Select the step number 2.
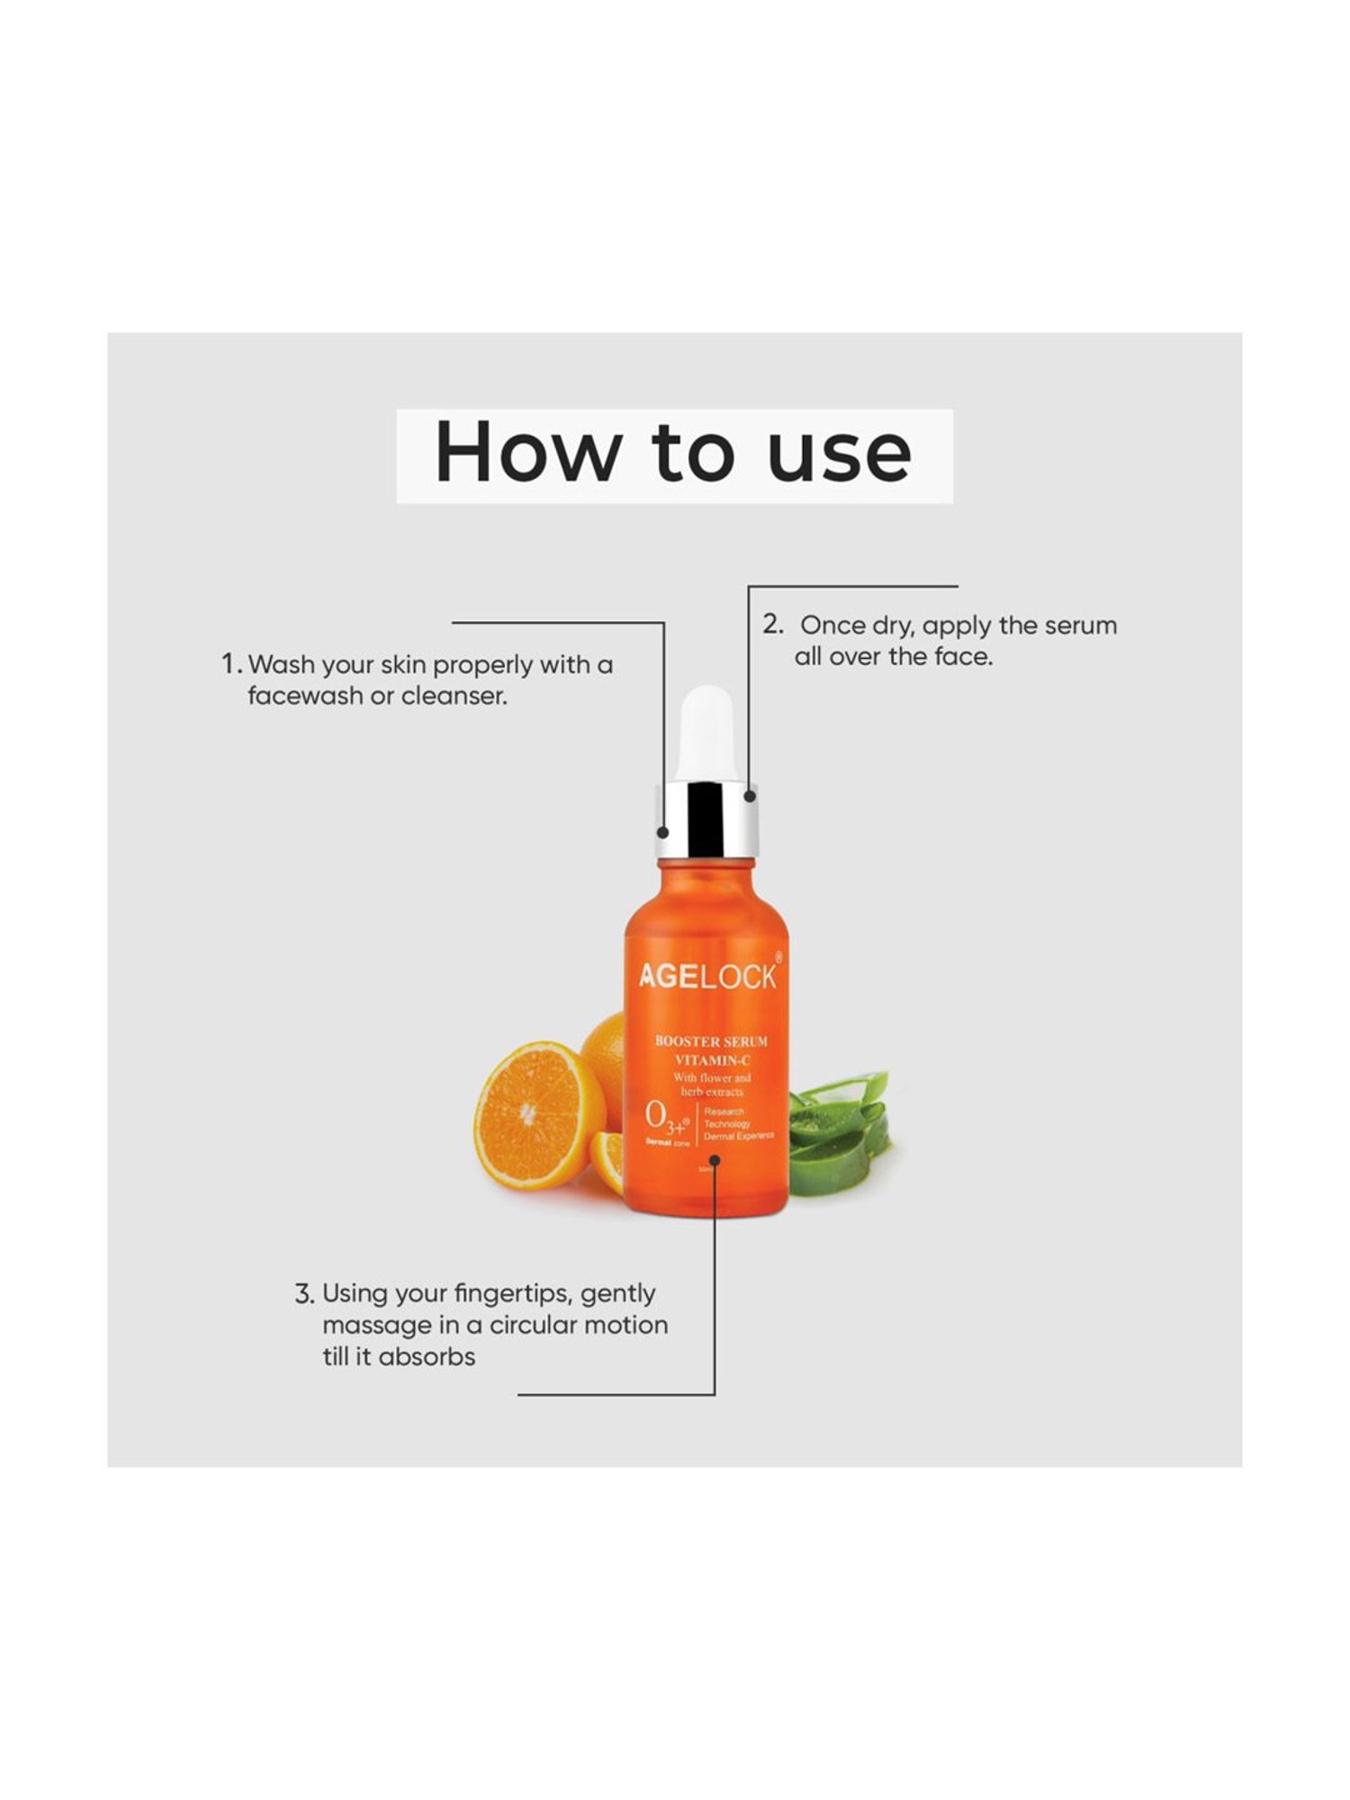coord(772,625)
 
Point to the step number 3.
coord(304,1294)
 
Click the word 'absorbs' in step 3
coord(427,1357)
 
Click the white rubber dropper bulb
coord(707,734)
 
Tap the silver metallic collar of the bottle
coord(707,819)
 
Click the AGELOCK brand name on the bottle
coord(707,976)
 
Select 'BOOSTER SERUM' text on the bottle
coord(711,1041)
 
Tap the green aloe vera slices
coord(837,1129)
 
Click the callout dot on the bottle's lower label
coord(715,1161)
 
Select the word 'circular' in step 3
coord(532,1326)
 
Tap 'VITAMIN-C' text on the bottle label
coord(712,1059)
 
